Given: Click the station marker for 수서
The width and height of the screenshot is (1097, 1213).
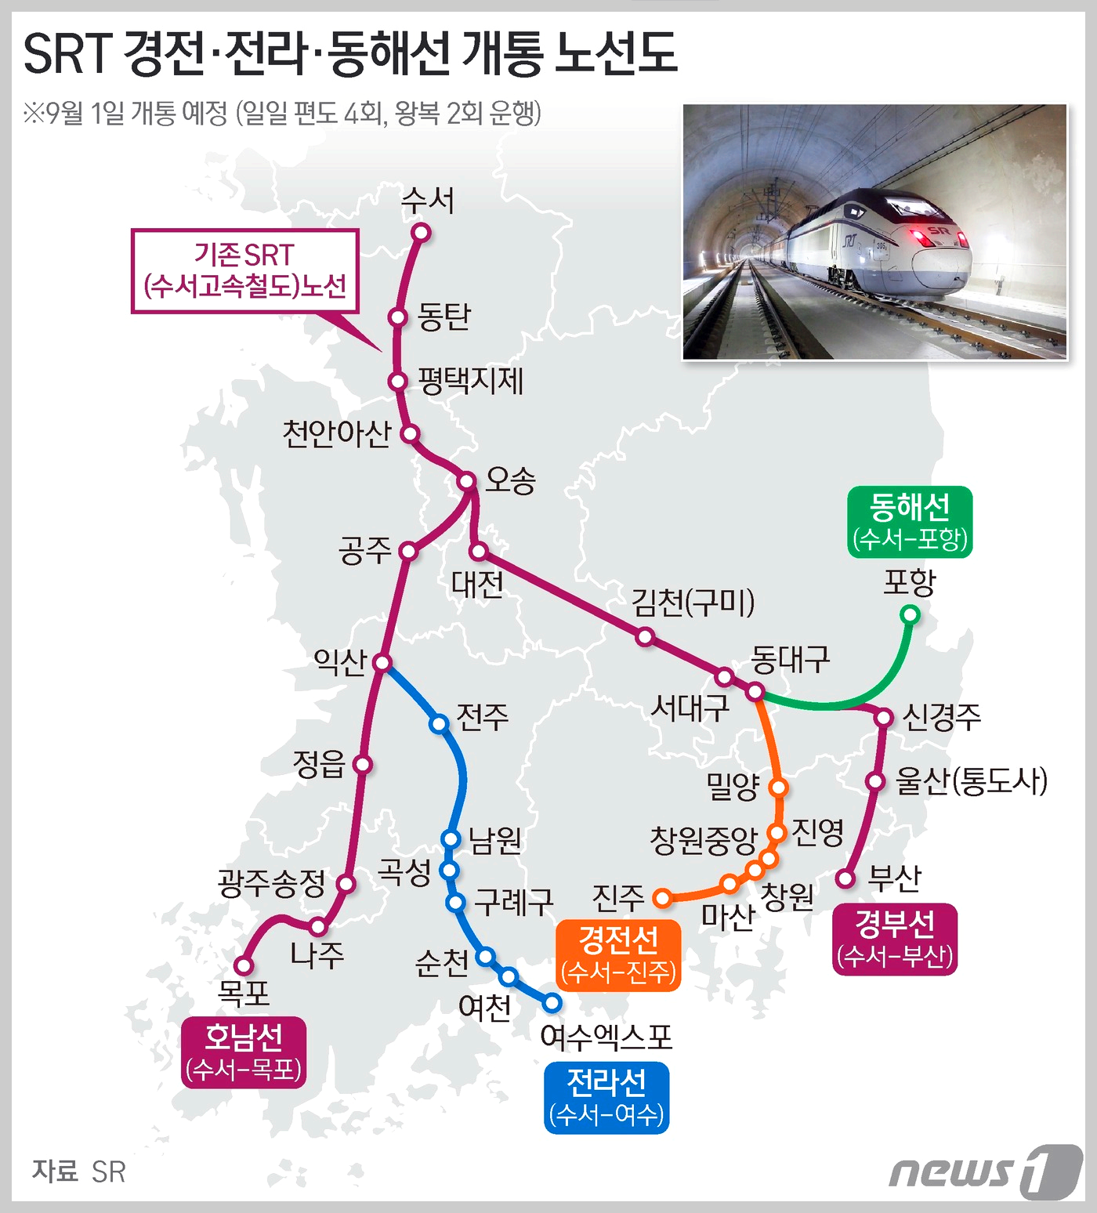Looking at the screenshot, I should pos(422,232).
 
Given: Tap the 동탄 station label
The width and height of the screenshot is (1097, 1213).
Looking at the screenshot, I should pos(444,317).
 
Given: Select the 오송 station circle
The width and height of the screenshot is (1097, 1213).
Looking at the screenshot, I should pos(467,480).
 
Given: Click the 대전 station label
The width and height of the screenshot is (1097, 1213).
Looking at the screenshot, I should pos(477,585).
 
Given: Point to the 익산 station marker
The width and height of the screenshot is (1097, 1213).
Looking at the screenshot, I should pos(382,663).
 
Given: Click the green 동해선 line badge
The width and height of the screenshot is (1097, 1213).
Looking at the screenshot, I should pos(910,522).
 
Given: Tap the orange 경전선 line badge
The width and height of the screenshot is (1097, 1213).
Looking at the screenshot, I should pos(618,955).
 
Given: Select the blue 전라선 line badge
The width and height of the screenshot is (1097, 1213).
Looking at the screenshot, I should pos(606,1097).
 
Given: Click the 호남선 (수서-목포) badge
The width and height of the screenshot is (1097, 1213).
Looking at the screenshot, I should pos(244,1052).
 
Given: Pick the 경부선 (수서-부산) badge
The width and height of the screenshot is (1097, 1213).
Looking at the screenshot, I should pos(895,939).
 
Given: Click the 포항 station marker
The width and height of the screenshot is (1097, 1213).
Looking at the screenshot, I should pos(910,615).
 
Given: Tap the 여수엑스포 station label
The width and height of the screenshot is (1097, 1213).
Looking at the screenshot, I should pos(606,1037).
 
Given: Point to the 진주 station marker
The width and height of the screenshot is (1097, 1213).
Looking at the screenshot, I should pos(663,898).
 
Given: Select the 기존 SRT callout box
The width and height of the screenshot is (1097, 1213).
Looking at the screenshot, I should pos(245,270).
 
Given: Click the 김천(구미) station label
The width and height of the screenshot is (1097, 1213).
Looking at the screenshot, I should pos(693,603).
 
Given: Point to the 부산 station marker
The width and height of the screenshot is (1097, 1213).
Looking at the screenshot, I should pos(845,878).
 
